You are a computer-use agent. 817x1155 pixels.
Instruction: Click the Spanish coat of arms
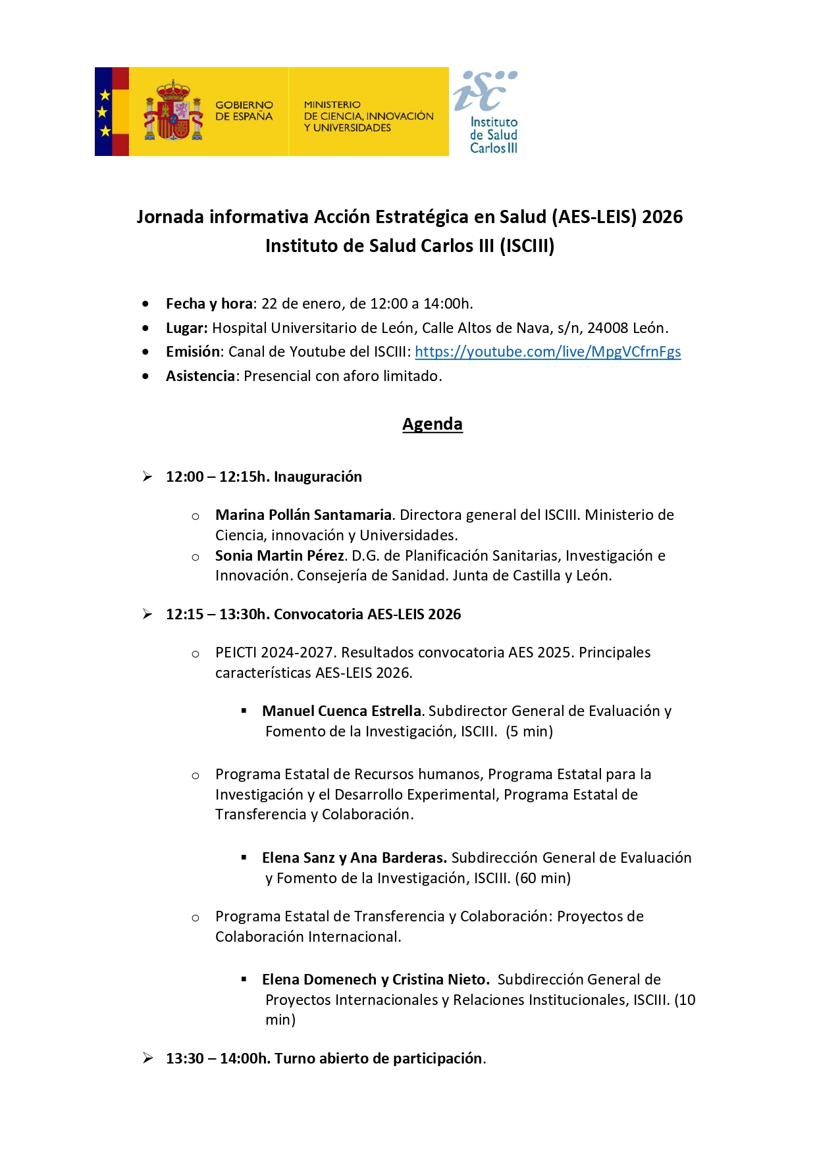coord(173,111)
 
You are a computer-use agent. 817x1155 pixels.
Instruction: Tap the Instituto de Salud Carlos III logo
coord(487,112)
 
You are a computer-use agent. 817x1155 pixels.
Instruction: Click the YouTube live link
coord(548,351)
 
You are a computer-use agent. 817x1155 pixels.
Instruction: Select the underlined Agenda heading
coord(432,424)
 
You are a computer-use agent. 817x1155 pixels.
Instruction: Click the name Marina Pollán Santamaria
coord(303,515)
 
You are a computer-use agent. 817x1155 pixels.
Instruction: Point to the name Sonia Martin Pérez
coord(279,555)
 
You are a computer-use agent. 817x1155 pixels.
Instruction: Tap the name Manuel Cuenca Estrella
coord(341,711)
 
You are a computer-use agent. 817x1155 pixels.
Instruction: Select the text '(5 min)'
coord(529,731)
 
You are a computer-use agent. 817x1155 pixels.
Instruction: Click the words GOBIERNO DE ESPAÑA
coord(244,111)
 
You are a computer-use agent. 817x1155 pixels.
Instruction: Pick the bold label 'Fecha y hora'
coord(209,303)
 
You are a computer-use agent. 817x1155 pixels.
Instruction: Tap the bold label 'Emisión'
coord(193,351)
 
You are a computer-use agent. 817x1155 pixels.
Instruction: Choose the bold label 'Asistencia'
coord(200,376)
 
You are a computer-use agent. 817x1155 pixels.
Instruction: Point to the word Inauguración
coord(318,476)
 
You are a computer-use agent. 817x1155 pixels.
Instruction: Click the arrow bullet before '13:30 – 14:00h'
coord(147,1058)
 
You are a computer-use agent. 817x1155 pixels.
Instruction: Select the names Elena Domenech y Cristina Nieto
coord(375,979)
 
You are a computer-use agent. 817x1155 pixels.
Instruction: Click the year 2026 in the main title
coord(662,217)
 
